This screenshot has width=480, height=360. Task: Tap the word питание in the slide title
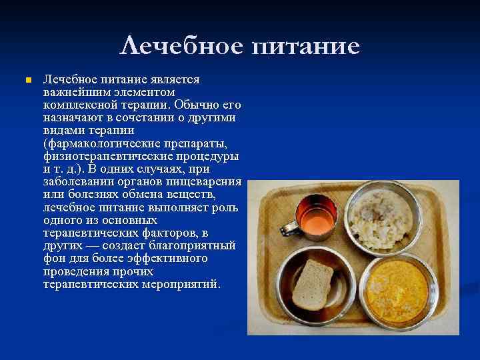(306, 47)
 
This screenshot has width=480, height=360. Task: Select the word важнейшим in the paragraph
(73, 92)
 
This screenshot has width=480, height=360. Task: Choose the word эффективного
(167, 258)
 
